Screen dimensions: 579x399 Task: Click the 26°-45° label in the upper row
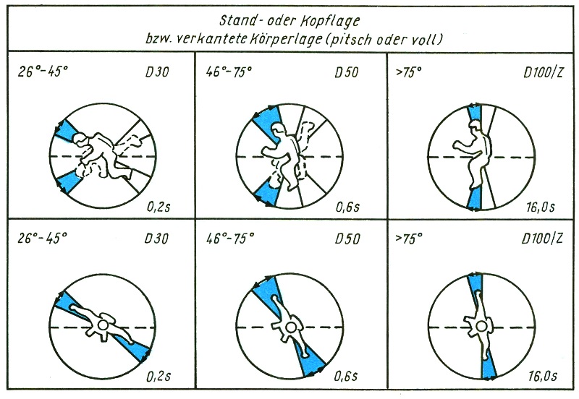click(43, 72)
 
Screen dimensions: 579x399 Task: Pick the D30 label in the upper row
click(157, 72)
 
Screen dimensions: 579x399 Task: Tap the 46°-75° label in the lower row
click(230, 239)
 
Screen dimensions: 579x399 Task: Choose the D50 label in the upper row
click(347, 72)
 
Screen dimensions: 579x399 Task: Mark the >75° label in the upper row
click(408, 72)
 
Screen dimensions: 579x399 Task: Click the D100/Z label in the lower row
click(542, 239)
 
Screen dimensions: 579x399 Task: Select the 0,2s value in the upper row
click(159, 207)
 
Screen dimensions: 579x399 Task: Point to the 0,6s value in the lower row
click(346, 377)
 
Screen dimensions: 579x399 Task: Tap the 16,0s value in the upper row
click(541, 207)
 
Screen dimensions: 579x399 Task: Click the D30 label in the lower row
click(156, 239)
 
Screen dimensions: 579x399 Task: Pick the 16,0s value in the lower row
click(542, 377)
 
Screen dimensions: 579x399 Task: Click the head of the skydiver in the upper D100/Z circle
click(476, 126)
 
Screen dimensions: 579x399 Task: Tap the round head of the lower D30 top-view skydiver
click(103, 325)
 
